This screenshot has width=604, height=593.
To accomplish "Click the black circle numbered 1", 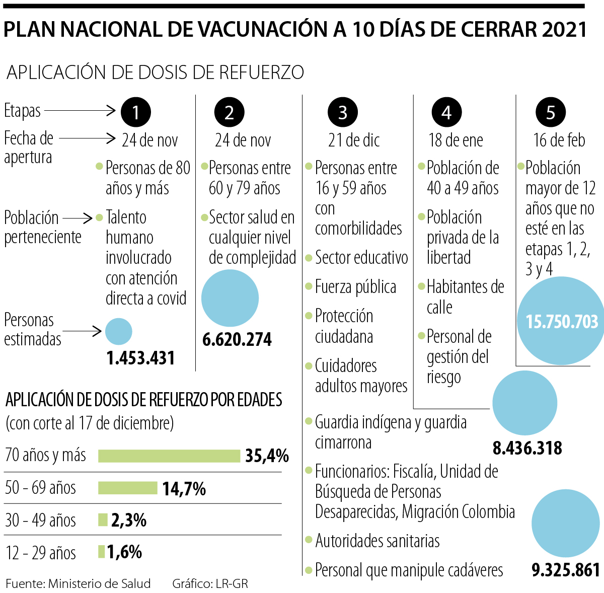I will [135, 112].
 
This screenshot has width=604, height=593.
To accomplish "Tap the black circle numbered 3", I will [343, 112].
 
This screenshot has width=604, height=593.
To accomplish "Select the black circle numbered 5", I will [550, 112].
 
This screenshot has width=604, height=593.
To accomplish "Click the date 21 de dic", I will [354, 140].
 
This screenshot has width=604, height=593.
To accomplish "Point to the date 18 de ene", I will [456, 140].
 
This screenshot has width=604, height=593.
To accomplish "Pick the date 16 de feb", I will [559, 140].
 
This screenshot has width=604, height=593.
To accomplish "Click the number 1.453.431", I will [140, 358].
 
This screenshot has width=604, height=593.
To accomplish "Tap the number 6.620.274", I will [237, 339].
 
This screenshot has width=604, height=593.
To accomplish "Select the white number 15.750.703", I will [562, 322].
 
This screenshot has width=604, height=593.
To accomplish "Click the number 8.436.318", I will [527, 448].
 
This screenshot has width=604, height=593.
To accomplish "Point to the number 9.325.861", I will [566, 569].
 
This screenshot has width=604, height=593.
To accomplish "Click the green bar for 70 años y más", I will [169, 456].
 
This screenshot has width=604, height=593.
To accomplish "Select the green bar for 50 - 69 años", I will [128, 488].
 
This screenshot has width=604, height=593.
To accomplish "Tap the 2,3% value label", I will [129, 520].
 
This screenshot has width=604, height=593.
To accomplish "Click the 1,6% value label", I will [124, 552].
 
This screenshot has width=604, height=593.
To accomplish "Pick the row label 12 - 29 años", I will [41, 553].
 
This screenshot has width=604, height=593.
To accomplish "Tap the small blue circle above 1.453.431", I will [119, 332].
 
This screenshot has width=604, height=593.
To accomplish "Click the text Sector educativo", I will [361, 258].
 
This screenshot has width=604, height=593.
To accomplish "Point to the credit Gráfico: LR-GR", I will [210, 583].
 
